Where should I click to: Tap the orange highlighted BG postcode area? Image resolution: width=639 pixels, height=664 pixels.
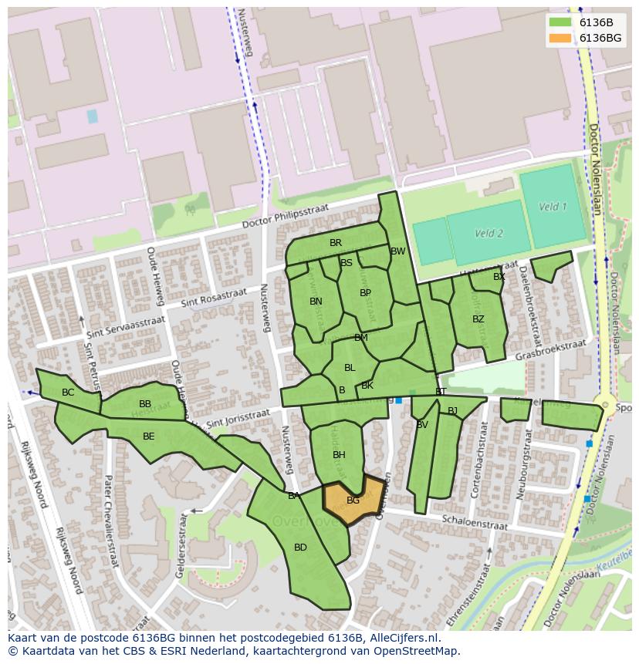pos(353,501)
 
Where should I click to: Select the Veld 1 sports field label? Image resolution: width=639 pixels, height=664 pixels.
pos(553,207)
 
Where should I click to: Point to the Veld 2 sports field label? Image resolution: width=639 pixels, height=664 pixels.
pos(489,234)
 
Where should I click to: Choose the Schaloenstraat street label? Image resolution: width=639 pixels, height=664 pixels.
pos(475,523)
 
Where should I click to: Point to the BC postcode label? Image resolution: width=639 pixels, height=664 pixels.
pos(68,393)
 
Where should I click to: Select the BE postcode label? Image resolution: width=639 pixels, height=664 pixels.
pos(148,436)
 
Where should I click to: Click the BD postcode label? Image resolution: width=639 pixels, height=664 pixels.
pos(300,548)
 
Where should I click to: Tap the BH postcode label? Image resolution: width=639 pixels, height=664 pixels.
pos(339,455)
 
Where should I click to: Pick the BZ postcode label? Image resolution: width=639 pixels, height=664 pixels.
pos(478,319)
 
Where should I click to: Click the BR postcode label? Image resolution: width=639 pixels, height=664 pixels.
pos(336,243)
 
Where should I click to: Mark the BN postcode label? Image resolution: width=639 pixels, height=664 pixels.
pos(316,302)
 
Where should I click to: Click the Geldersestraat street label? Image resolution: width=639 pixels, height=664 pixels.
pos(183,539)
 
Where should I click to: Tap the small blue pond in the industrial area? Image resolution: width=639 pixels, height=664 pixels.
pos(93,116)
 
